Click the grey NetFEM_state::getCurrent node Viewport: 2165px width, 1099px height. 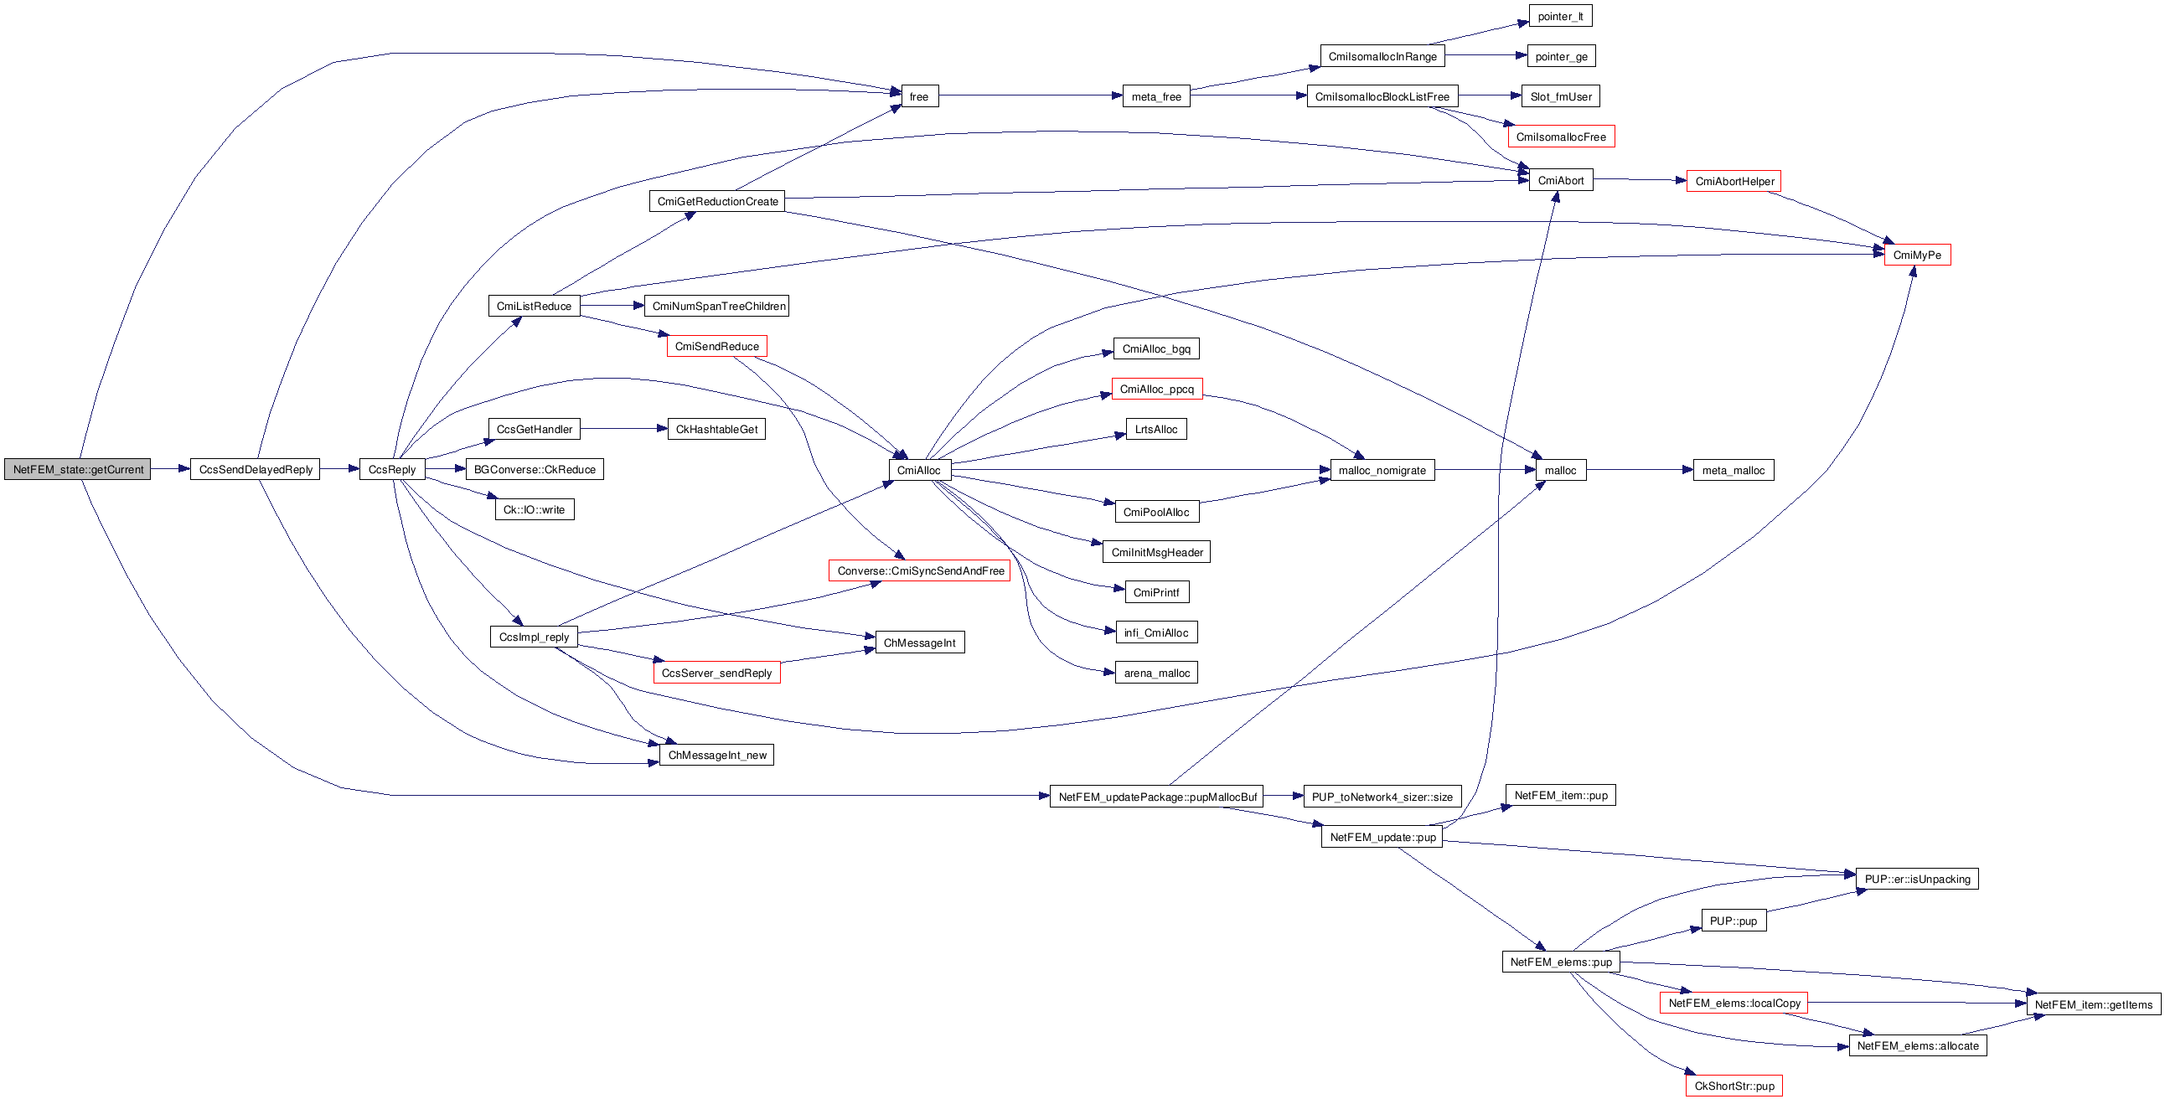point(77,470)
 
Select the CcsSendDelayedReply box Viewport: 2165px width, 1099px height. point(256,470)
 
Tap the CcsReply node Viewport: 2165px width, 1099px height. point(391,470)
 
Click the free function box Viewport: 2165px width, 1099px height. point(918,96)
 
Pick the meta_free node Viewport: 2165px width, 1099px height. point(1155,96)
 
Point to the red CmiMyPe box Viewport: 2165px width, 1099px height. point(1916,255)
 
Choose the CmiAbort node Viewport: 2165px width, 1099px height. point(1560,181)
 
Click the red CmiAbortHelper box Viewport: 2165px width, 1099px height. point(1734,182)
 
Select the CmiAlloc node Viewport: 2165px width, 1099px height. point(918,471)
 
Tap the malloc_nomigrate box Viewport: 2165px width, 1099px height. point(1382,471)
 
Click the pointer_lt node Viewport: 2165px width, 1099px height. point(1560,16)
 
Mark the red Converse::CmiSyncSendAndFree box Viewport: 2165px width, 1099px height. point(919,571)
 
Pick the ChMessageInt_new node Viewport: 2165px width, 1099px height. point(717,756)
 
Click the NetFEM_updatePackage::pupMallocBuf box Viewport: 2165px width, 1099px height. point(1156,797)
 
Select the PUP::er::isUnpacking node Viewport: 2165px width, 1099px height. point(1916,879)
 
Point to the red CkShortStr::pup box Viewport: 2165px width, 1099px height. point(1734,1086)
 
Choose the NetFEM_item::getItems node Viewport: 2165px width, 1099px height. point(2093,1004)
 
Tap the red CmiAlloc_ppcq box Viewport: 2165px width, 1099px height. point(1156,389)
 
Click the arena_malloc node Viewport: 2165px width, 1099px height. point(1156,673)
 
